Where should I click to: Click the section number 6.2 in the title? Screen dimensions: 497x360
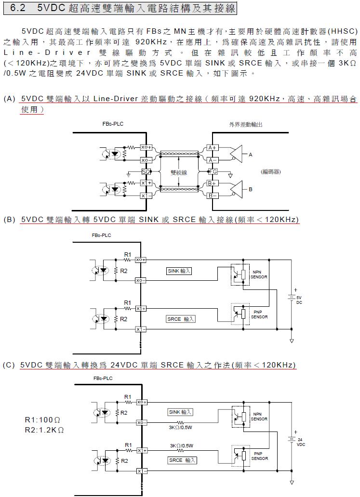(x=18, y=9)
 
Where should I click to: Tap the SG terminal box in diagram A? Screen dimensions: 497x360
(x=146, y=172)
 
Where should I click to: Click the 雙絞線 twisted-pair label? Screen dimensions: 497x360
(x=179, y=172)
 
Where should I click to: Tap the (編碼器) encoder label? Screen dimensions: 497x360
(x=271, y=172)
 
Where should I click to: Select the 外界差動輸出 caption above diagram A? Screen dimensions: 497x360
(x=246, y=124)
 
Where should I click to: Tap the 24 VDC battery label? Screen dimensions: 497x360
(x=300, y=442)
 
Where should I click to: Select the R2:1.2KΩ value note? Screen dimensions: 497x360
(x=44, y=430)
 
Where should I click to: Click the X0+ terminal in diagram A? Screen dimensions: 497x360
(x=146, y=147)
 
